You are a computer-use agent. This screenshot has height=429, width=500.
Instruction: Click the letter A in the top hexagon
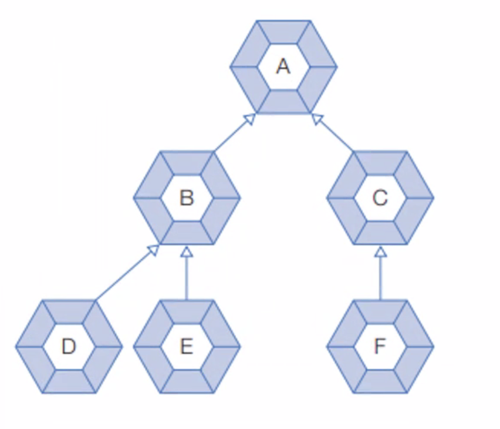(x=283, y=66)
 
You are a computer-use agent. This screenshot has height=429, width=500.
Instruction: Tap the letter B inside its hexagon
(x=187, y=198)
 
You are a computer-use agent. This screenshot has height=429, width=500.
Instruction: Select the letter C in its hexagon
(x=380, y=198)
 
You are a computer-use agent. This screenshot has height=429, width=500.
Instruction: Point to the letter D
(x=69, y=347)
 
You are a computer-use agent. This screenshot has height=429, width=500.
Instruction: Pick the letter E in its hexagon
(x=187, y=347)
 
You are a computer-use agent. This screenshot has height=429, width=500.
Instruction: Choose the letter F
(x=380, y=347)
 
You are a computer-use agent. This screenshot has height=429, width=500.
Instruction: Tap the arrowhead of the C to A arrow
(x=317, y=119)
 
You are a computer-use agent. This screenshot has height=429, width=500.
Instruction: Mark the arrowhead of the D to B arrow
(x=153, y=250)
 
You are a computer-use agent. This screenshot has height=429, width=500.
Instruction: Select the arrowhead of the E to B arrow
(x=187, y=252)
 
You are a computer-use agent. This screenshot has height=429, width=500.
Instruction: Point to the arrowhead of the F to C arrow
(x=380, y=252)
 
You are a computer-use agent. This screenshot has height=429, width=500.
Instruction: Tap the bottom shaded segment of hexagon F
(x=380, y=382)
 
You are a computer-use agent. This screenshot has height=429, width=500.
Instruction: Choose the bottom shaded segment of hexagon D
(x=69, y=382)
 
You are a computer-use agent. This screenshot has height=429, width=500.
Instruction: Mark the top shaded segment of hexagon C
(x=380, y=162)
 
